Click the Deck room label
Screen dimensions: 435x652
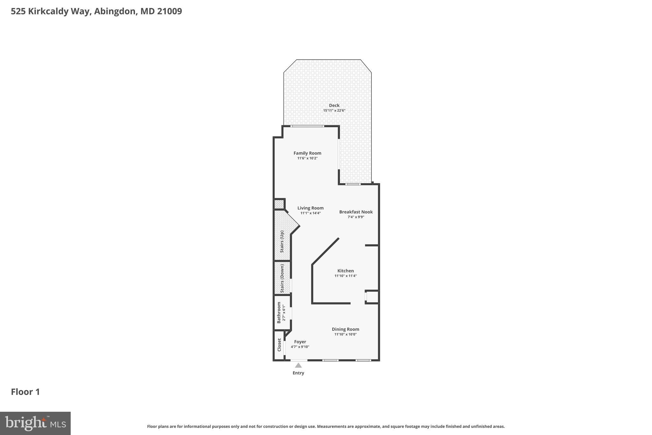(334, 105)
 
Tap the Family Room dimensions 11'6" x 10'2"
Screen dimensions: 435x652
(307, 158)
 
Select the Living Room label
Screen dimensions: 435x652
(310, 208)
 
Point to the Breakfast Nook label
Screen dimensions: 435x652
(356, 212)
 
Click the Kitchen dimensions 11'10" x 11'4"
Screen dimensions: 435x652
(345, 276)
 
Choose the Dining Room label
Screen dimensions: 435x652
(345, 329)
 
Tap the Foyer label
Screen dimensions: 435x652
(300, 342)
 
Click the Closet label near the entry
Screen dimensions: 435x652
(279, 345)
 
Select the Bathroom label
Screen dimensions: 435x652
(279, 312)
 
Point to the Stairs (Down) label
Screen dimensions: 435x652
(282, 278)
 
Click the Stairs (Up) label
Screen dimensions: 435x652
(282, 242)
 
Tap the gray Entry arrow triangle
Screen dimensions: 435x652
(298, 366)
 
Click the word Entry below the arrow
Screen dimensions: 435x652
(298, 373)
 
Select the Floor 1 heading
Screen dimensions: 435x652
(25, 392)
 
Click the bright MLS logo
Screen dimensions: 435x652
(35, 423)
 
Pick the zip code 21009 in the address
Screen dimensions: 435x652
(169, 11)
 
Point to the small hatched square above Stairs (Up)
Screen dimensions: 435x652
(279, 204)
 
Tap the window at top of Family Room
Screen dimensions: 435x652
(308, 126)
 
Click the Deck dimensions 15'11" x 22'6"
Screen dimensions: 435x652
(334, 111)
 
